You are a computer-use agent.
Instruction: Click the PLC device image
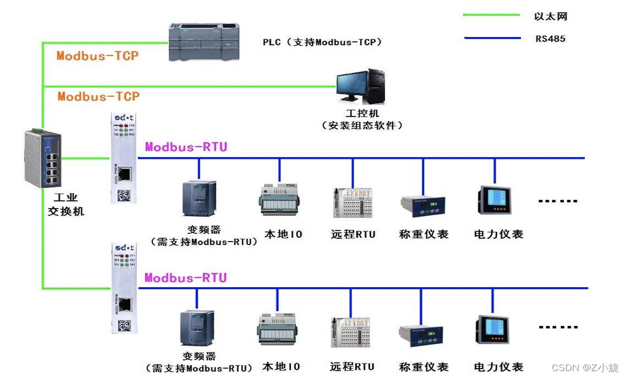[x=204, y=42]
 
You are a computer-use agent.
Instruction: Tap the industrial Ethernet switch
[x=43, y=159]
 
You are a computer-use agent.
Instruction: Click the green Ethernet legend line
[x=491, y=15]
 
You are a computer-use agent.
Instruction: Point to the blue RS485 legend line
[x=491, y=38]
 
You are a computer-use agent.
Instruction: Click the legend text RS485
[x=550, y=38]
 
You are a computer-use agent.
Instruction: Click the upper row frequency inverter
[x=199, y=198]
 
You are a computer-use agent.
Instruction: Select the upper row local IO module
[x=279, y=199]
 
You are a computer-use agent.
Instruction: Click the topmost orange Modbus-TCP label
[x=98, y=56]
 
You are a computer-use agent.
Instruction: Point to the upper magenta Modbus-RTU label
[x=186, y=147]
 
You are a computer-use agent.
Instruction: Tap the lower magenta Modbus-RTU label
[x=185, y=278]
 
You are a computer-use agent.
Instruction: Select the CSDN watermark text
[x=585, y=368]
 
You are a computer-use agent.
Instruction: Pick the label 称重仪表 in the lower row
[x=424, y=367]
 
